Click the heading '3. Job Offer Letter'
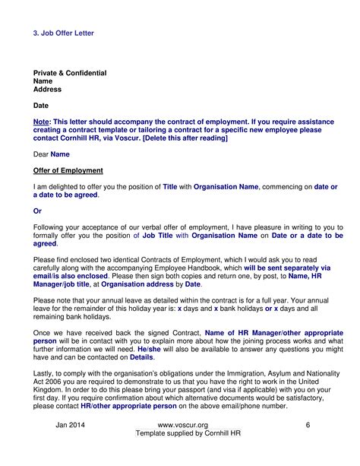(64, 34)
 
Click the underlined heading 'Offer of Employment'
(68, 170)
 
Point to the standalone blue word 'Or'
(38, 211)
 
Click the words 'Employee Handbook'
(213, 268)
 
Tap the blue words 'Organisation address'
(134, 284)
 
